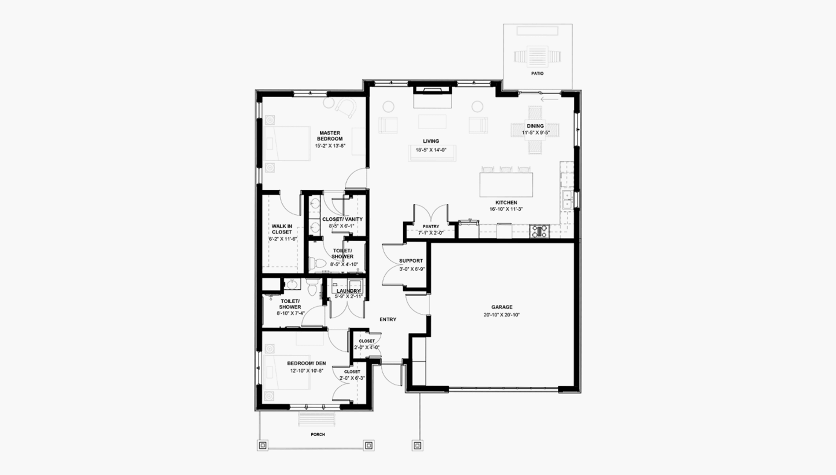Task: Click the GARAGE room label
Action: [502, 307]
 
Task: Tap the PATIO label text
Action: [537, 73]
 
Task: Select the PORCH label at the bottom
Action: [318, 434]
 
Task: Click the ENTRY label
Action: [388, 319]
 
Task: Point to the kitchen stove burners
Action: [539, 232]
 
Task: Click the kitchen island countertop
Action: [506, 185]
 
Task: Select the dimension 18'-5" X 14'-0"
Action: [431, 150]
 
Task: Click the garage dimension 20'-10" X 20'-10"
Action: [502, 315]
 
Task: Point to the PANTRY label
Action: [431, 226]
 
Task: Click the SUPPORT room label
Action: [411, 261]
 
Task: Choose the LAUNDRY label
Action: [348, 291]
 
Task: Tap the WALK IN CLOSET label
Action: [282, 229]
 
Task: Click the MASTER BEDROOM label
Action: [330, 136]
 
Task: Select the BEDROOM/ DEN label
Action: [307, 363]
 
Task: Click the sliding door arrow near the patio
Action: [550, 99]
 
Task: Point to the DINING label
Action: [535, 126]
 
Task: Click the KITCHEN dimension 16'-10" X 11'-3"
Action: [506, 209]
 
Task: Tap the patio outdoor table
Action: [538, 56]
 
